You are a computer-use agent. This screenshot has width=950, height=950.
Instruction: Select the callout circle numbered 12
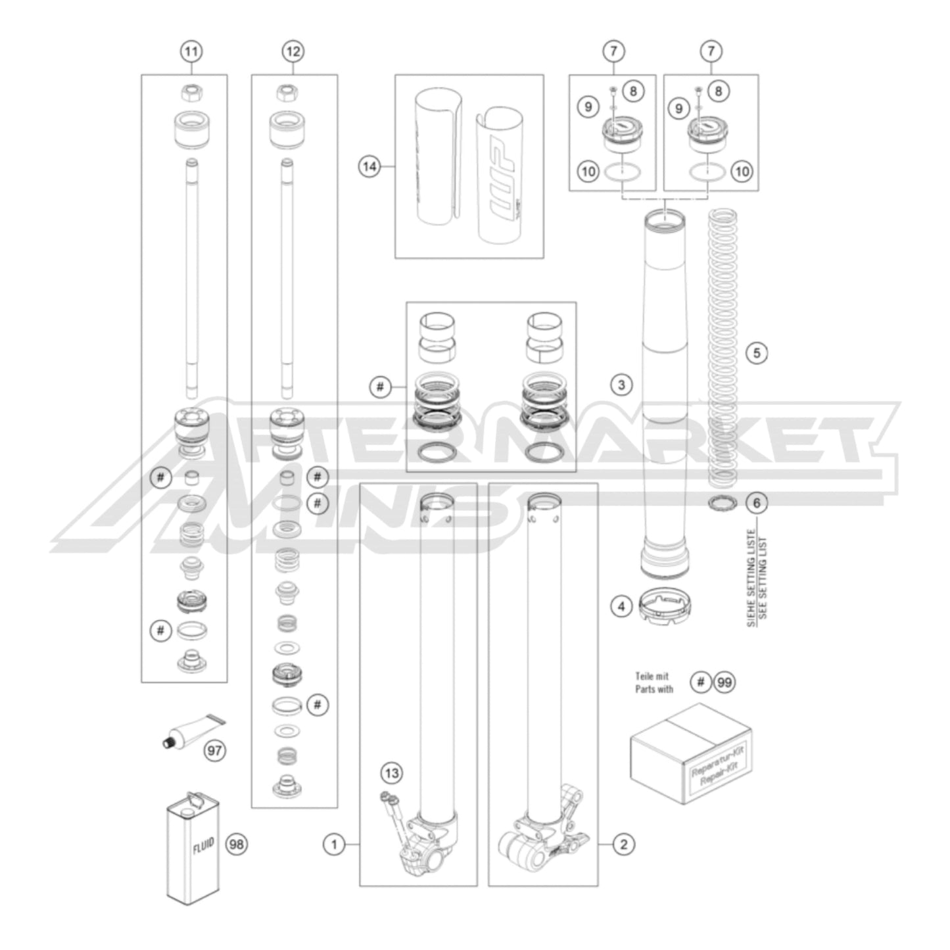[293, 51]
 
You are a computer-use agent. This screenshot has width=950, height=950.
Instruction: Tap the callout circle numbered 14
[369, 167]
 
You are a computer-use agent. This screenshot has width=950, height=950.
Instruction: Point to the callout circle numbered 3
[621, 384]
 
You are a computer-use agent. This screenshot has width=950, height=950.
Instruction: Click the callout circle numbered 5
[756, 353]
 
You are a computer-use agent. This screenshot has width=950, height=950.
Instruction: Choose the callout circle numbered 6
[756, 504]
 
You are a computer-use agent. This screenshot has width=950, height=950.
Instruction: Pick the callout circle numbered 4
[621, 606]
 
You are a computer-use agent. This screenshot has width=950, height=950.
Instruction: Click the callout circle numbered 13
[392, 773]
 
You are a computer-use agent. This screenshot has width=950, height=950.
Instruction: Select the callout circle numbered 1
[334, 844]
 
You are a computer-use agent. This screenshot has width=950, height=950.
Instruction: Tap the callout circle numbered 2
[623, 844]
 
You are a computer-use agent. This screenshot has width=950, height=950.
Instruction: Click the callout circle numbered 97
[215, 750]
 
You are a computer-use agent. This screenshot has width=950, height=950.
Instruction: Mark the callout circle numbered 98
[237, 844]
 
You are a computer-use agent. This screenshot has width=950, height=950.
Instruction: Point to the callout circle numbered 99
[724, 682]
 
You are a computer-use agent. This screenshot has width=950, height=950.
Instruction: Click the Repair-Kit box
[690, 753]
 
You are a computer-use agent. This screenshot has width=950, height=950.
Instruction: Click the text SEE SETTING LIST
[763, 579]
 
